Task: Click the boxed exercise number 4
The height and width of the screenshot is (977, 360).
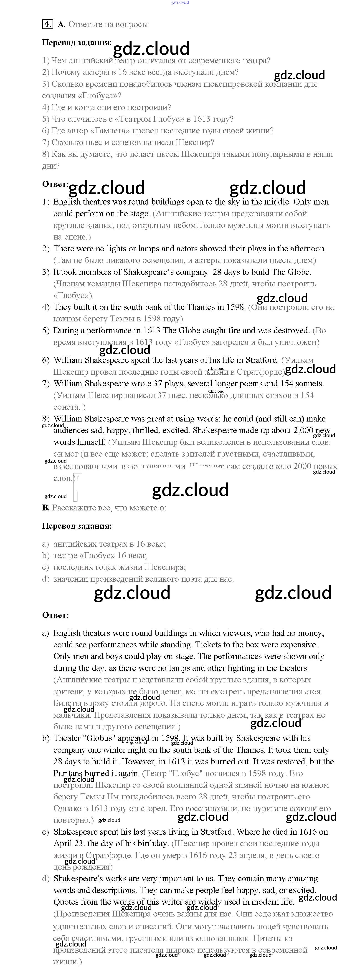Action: click(47, 24)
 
